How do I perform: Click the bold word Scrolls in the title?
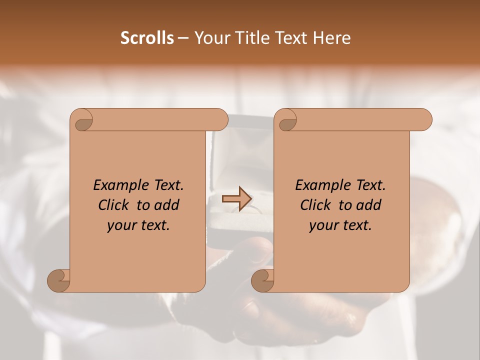coord(147,38)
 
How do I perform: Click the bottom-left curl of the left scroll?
coord(58,280)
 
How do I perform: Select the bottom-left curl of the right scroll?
coord(262,280)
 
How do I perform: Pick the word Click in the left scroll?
coord(114,205)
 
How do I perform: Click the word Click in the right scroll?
coord(316,205)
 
